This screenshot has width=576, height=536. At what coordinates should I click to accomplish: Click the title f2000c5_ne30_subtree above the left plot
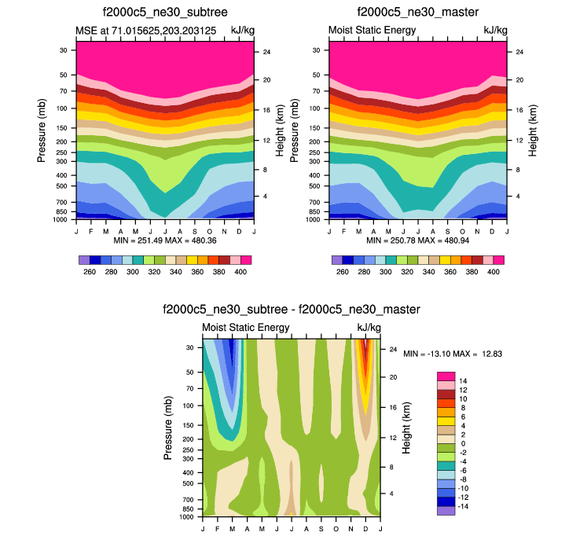pos(165,13)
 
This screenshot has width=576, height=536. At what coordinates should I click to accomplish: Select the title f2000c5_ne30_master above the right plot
pos(417,13)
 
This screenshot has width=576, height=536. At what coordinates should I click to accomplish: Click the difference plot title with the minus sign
pos(292,309)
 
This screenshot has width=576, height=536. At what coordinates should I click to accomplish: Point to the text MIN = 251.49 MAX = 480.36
pos(165,240)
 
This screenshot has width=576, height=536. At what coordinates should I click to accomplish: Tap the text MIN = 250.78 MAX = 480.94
pos(417,240)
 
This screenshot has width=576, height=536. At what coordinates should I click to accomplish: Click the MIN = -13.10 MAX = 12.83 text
pos(453,354)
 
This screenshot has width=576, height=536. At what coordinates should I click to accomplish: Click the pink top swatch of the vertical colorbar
pos(446,376)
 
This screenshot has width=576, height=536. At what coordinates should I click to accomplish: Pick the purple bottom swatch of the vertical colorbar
pos(446,511)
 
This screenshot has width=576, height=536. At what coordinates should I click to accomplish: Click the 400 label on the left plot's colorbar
pos(241,272)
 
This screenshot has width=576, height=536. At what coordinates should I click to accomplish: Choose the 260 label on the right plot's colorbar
pos(342,272)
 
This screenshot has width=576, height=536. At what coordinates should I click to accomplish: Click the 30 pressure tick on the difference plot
pos(189,347)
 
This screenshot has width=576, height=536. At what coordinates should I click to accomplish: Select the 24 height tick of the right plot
pos(519,52)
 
